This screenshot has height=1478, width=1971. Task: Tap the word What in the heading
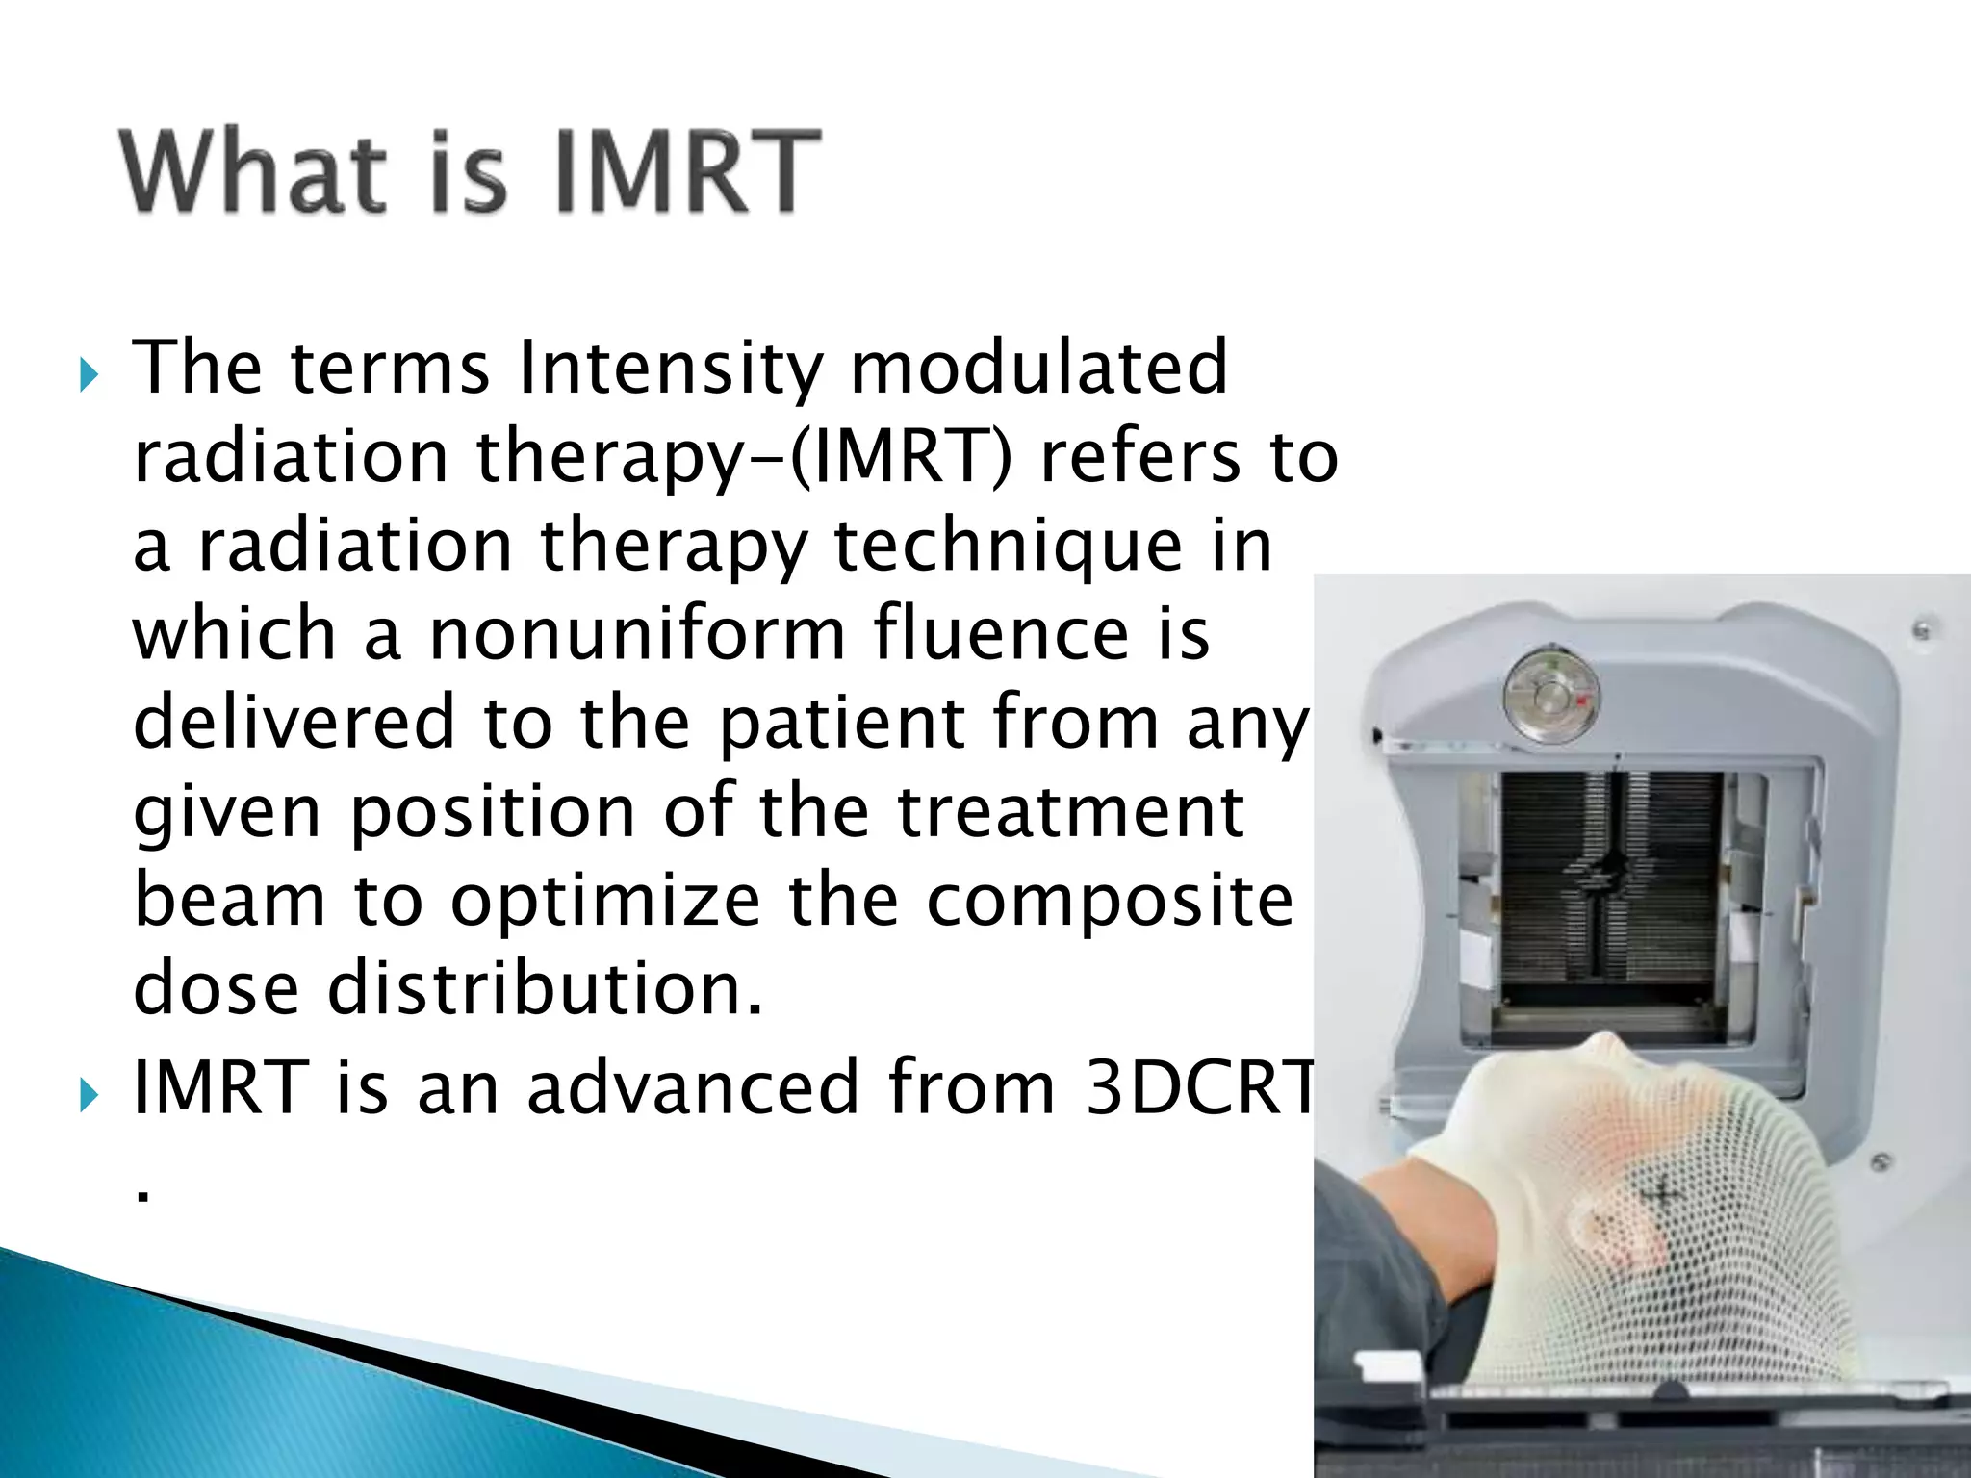pyautogui.click(x=252, y=171)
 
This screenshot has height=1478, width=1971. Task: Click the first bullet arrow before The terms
pyautogui.click(x=89, y=374)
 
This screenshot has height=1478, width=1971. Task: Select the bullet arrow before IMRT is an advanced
pyautogui.click(x=89, y=1094)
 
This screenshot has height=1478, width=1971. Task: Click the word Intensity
pyautogui.click(x=671, y=369)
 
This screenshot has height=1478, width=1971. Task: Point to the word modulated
pyautogui.click(x=1038, y=369)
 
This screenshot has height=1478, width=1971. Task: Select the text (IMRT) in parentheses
pyautogui.click(x=901, y=457)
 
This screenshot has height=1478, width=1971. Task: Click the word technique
pyautogui.click(x=1008, y=546)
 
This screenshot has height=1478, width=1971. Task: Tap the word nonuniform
pyautogui.click(x=636, y=635)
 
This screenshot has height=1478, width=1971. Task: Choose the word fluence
pyautogui.click(x=1001, y=635)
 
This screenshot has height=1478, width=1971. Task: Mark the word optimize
pyautogui.click(x=605, y=902)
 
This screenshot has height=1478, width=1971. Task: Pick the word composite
pyautogui.click(x=1110, y=902)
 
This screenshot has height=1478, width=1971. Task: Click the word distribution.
pyautogui.click(x=545, y=990)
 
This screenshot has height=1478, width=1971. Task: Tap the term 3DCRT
pyautogui.click(x=1199, y=1088)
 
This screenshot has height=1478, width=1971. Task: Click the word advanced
pyautogui.click(x=693, y=1088)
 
